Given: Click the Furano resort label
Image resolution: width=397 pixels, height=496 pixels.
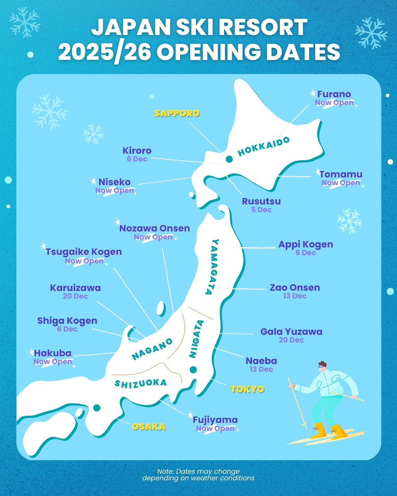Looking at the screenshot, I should point(334,94).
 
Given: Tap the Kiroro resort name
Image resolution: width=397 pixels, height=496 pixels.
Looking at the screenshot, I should point(137,151).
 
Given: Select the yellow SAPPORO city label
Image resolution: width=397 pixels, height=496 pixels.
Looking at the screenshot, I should point(177,113).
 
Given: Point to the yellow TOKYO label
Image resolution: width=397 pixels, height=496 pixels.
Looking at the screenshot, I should point(247,389).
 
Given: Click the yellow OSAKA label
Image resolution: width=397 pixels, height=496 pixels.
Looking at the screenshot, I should point(149,427).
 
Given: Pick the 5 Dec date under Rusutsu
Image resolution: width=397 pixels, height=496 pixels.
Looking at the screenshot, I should point(261,210).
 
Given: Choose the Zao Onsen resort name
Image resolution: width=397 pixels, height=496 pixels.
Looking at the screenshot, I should point(295,288).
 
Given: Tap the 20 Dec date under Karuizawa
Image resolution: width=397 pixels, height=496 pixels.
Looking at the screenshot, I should point(75,296).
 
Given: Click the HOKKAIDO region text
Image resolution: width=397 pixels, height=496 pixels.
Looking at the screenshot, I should point(264,146).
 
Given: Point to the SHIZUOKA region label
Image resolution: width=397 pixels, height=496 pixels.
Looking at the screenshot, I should point(141,383).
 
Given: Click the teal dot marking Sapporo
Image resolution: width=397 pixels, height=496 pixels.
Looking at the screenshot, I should point(229,159).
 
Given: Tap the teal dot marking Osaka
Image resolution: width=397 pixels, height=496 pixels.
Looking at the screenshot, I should point(96,408).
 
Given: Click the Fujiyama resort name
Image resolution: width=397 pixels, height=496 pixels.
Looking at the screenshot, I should point(215,420).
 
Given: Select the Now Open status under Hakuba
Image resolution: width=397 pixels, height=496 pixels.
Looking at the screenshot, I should point(53,361).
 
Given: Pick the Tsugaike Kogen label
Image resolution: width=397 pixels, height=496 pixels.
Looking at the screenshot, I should point(83,252).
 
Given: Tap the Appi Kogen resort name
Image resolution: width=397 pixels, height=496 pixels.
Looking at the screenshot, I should point(306,244).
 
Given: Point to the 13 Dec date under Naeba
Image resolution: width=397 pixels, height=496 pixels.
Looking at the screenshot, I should point(261,369).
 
